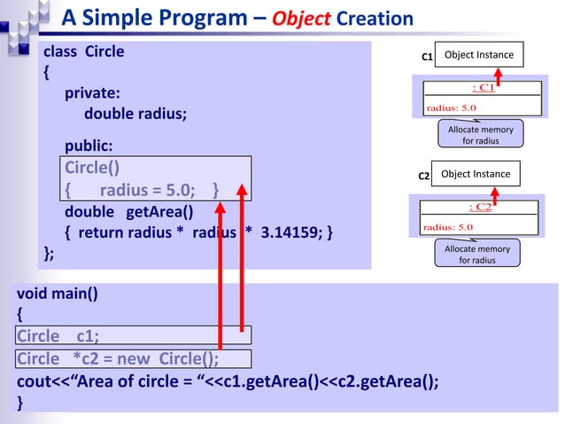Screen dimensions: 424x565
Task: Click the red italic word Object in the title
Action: [303, 18]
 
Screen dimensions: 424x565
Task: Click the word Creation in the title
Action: [375, 18]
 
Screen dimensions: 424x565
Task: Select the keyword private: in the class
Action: [92, 92]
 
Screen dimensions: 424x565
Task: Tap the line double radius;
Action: [135, 114]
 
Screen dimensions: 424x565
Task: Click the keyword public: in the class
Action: [88, 145]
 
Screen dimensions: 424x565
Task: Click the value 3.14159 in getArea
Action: [291, 233]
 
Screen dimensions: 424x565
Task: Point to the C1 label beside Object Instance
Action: [426, 57]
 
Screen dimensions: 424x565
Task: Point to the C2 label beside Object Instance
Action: [423, 177]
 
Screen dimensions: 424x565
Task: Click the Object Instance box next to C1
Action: [479, 55]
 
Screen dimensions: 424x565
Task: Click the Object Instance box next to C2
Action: [476, 175]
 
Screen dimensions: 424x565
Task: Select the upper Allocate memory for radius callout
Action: [480, 135]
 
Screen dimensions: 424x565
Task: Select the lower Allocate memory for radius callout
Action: [477, 255]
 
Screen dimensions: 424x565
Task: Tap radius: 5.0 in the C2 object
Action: [449, 227]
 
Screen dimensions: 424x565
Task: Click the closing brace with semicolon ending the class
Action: [50, 255]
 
